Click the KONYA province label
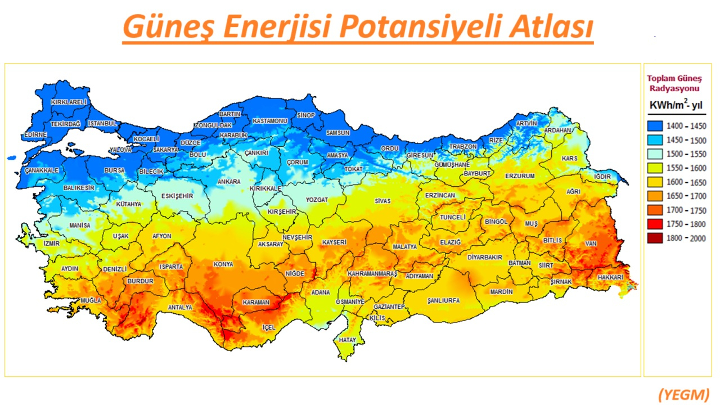(223, 264)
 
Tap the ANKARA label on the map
(229, 182)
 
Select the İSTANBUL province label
(102, 123)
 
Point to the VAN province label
(590, 244)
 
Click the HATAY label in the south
(347, 340)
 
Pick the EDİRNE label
(35, 135)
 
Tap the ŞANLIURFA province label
(443, 300)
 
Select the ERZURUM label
(520, 176)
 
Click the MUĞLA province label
(91, 301)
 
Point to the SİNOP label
(306, 115)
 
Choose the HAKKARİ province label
(610, 277)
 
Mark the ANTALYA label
(180, 308)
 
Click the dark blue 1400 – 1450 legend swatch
(654, 126)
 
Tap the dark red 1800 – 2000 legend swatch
(654, 238)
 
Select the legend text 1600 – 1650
(686, 182)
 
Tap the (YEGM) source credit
(683, 394)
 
